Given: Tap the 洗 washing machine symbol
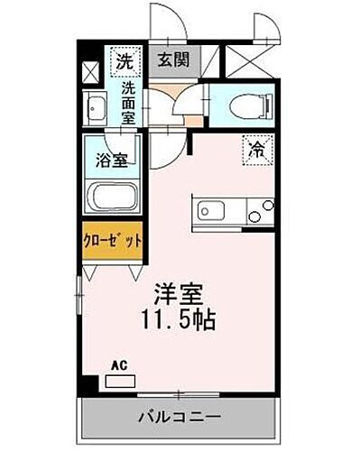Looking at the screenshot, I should point(124,61).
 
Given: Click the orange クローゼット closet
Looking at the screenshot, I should point(114,242).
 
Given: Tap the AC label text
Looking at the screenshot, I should point(117,366).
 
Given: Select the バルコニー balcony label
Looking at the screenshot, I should point(180,418).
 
